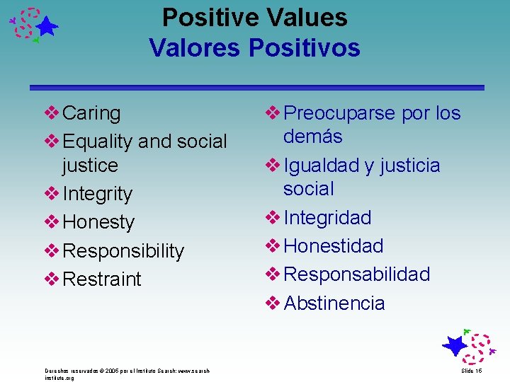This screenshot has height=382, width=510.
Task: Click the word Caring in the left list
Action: pyautogui.click(x=91, y=113)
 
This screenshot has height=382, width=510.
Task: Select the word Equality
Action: pyautogui.click(x=98, y=141)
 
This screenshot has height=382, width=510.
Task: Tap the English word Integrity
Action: pyautogui.click(x=98, y=194)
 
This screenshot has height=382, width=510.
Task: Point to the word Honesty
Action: pyautogui.click(x=98, y=222)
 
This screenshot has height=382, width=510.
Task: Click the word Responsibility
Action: pyautogui.click(x=123, y=251)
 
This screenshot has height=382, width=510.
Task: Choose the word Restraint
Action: pyautogui.click(x=102, y=279)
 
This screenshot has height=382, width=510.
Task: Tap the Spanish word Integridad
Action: pyautogui.click(x=327, y=218)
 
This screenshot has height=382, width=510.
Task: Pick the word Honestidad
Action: pyautogui.click(x=334, y=246)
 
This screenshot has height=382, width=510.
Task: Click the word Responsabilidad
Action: pyautogui.click(x=357, y=274)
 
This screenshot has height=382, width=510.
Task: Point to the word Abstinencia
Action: pyautogui.click(x=334, y=303)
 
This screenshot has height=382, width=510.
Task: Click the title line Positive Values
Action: pyautogui.click(x=255, y=18)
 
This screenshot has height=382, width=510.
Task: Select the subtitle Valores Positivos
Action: pyautogui.click(x=255, y=48)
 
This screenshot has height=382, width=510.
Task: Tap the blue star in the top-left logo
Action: pyautogui.click(x=47, y=28)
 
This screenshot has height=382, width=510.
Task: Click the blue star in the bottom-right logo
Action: pyautogui.click(x=455, y=346)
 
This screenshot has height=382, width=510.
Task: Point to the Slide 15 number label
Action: pyautogui.click(x=472, y=371)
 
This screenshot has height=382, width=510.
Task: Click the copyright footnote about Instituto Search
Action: pyautogui.click(x=127, y=374)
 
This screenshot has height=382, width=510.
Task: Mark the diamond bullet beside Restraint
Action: pyautogui.click(x=52, y=279)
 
